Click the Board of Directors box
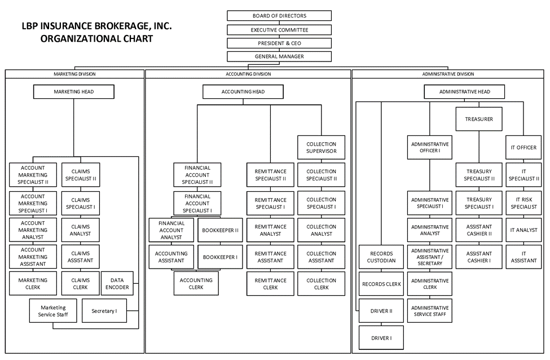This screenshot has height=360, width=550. click(x=279, y=16)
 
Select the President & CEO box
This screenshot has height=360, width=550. click(x=279, y=43)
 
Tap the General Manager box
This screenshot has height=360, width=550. click(x=279, y=56)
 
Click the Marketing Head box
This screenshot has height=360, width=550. click(x=74, y=91)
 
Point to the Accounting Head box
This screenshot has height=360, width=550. click(x=243, y=91)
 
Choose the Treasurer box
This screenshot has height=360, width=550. click(x=479, y=119)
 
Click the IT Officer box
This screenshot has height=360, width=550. click(x=523, y=148)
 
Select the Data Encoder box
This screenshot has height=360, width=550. click(x=117, y=284)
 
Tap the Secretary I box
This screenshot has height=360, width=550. click(x=104, y=311)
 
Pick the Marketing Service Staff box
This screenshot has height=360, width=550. click(x=53, y=311)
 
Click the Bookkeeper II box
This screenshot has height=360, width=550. click(x=220, y=230)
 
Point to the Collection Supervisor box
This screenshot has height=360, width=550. click(x=321, y=148)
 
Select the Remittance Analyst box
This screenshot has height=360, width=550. click(x=270, y=230)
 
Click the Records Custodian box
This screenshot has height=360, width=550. click(x=381, y=257)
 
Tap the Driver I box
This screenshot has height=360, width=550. click(x=381, y=338)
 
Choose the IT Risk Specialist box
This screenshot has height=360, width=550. click(x=523, y=203)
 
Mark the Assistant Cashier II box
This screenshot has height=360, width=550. click(x=479, y=230)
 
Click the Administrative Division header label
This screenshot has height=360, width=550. click(x=448, y=74)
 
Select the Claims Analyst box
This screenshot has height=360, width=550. click(x=80, y=230)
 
